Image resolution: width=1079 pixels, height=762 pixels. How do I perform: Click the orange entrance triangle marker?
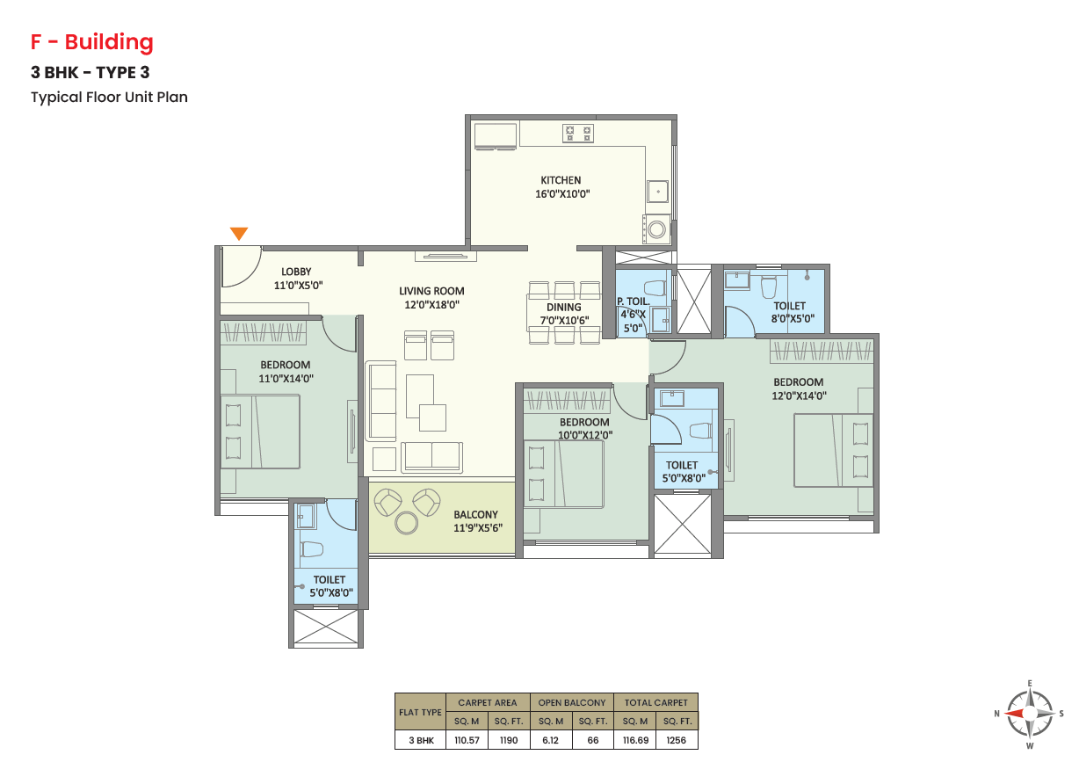click(239, 233)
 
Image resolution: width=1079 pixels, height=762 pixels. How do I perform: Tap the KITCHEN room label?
click(561, 180)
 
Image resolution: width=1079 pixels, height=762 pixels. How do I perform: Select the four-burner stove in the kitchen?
click(578, 134)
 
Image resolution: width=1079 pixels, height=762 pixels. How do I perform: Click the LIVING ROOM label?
click(431, 291)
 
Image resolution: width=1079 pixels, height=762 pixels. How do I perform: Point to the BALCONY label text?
click(475, 515)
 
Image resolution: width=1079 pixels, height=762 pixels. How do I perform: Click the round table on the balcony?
click(407, 523)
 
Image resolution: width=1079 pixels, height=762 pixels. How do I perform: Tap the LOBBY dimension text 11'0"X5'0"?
click(298, 286)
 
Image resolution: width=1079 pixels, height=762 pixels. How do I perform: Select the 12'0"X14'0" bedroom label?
click(799, 396)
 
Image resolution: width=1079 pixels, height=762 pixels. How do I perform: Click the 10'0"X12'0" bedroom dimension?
click(585, 435)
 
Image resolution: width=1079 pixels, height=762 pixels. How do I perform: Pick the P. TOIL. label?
click(634, 301)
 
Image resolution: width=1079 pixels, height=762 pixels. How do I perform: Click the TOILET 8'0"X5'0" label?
click(793, 312)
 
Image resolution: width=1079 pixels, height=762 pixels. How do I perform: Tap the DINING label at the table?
click(563, 308)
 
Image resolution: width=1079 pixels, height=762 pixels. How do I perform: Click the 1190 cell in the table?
click(509, 740)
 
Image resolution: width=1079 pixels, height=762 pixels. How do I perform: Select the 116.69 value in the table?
click(635, 740)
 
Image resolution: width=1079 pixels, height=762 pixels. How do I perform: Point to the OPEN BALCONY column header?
click(572, 703)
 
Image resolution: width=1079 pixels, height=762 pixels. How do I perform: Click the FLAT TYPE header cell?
click(420, 713)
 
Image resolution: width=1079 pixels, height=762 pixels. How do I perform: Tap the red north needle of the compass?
click(1016, 714)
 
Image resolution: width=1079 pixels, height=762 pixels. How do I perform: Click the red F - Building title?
click(92, 42)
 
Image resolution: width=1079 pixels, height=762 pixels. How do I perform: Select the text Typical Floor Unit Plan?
click(109, 98)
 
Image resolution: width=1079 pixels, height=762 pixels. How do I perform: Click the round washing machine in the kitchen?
click(656, 229)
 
